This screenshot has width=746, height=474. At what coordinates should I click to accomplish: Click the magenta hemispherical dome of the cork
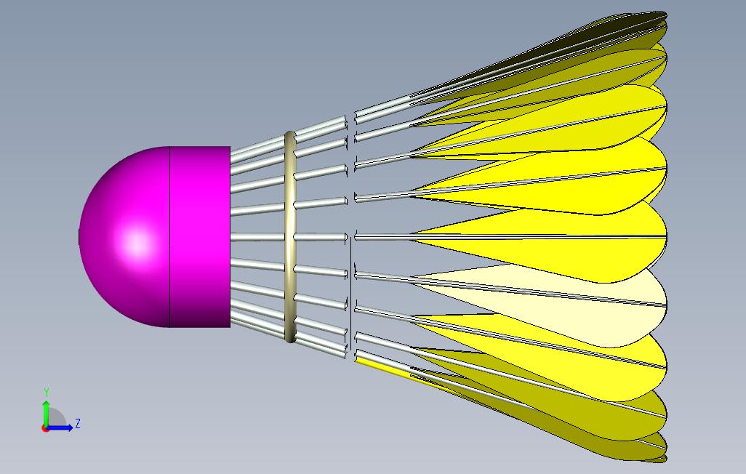click(124, 236)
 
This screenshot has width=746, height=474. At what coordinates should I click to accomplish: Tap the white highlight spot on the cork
click(137, 243)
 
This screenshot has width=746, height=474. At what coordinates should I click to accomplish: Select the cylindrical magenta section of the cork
click(200, 236)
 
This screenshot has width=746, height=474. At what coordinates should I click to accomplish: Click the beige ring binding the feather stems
click(290, 236)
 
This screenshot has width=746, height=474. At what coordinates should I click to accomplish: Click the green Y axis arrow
click(46, 413)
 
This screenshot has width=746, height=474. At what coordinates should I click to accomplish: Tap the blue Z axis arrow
click(60, 427)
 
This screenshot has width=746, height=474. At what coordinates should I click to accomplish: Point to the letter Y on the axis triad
click(47, 392)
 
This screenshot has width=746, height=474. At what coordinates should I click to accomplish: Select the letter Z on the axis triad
click(78, 423)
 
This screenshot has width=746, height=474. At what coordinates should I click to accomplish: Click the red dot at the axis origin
click(45, 428)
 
